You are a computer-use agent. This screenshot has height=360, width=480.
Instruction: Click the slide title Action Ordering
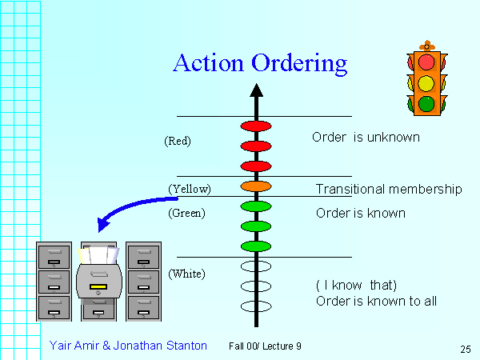click(260, 63)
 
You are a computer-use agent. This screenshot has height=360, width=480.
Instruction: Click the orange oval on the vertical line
click(256, 186)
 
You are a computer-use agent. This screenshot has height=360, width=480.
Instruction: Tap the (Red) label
click(177, 141)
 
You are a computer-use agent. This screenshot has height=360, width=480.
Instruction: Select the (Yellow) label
click(190, 189)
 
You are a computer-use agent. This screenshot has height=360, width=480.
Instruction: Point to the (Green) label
click(187, 213)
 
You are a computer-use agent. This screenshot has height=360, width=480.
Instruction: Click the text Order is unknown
click(366, 138)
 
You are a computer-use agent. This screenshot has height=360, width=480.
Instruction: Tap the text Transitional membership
click(389, 190)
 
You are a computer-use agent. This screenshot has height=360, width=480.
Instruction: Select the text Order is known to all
click(376, 301)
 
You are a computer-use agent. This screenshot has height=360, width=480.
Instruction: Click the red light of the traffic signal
click(426, 62)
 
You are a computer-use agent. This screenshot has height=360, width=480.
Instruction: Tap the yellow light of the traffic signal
click(426, 82)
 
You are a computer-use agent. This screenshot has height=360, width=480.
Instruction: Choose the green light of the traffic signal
click(426, 103)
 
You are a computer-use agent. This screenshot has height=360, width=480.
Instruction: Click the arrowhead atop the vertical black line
click(256, 89)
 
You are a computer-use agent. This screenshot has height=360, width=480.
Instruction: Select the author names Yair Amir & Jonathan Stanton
click(128, 346)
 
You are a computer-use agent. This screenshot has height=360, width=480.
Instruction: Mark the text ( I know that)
click(356, 285)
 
